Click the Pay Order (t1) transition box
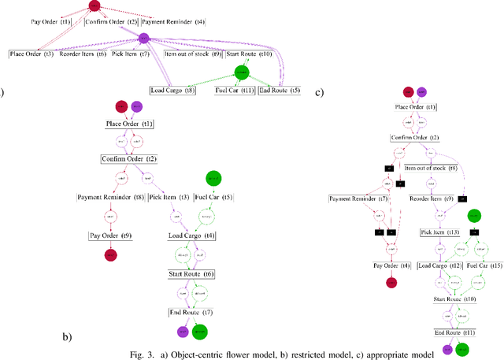point(49,21)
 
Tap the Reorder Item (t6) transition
point(83,54)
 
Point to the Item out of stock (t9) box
point(193,54)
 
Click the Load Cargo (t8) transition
point(172,91)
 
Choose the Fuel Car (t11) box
point(235,91)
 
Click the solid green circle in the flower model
point(241,73)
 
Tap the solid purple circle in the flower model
point(143,39)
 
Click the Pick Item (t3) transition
point(166,197)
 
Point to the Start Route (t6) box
point(191,274)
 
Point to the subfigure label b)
point(68,337)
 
